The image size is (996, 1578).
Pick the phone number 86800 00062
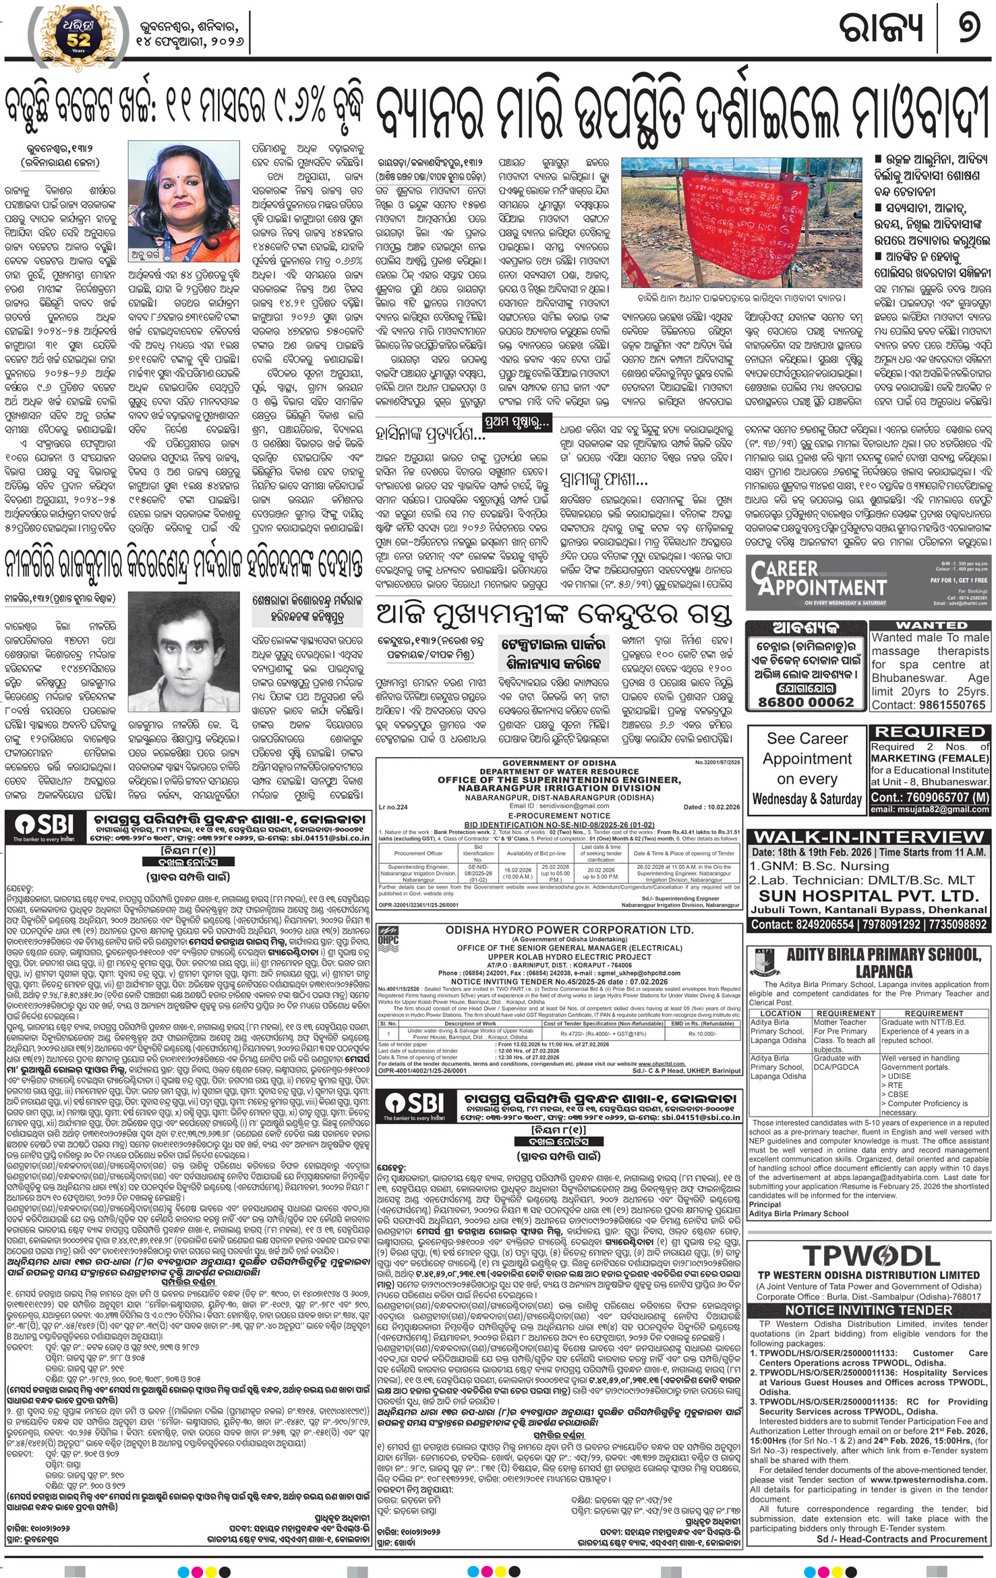click(806, 702)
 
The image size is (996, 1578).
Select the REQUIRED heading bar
click(930, 731)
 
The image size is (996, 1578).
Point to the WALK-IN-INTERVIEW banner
click(869, 837)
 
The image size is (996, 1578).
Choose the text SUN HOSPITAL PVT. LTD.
click(869, 896)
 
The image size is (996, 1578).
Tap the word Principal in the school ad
click(765, 1204)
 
